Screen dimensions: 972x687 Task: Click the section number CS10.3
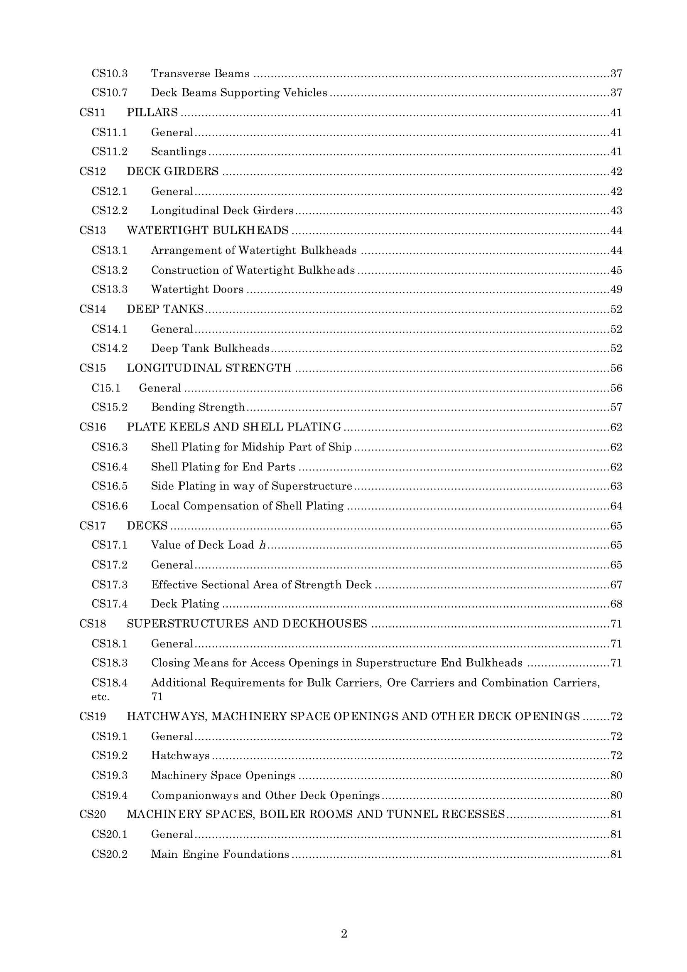(109, 74)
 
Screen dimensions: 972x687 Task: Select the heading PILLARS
(152, 113)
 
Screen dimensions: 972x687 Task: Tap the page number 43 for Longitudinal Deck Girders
(616, 211)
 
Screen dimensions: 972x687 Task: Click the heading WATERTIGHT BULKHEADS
(207, 230)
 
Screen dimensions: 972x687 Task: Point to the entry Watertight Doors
(197, 290)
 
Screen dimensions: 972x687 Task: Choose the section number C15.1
(106, 388)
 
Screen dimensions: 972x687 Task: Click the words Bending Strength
(198, 407)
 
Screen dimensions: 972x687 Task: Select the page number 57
(616, 407)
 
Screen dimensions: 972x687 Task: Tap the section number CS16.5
(109, 486)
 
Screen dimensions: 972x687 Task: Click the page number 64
(616, 506)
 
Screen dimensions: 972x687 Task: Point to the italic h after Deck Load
(262, 545)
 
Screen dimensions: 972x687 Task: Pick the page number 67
(616, 585)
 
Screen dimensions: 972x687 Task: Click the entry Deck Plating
(185, 604)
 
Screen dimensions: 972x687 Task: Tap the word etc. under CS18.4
(100, 697)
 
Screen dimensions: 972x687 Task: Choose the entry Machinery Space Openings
(223, 775)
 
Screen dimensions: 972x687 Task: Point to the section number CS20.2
(109, 854)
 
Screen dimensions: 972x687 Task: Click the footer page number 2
(344, 933)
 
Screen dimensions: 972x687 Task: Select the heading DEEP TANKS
(165, 310)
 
